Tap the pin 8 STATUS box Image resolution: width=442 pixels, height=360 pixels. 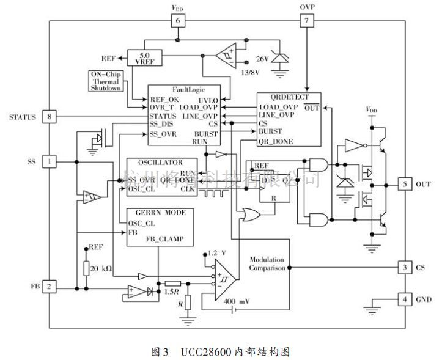pos(50,116)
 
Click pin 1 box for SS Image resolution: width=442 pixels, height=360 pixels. pos(50,161)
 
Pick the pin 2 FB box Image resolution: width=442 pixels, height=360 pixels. pos(50,286)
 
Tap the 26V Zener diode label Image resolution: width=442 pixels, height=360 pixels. pos(263,59)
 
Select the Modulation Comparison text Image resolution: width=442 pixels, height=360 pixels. pos(267,263)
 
